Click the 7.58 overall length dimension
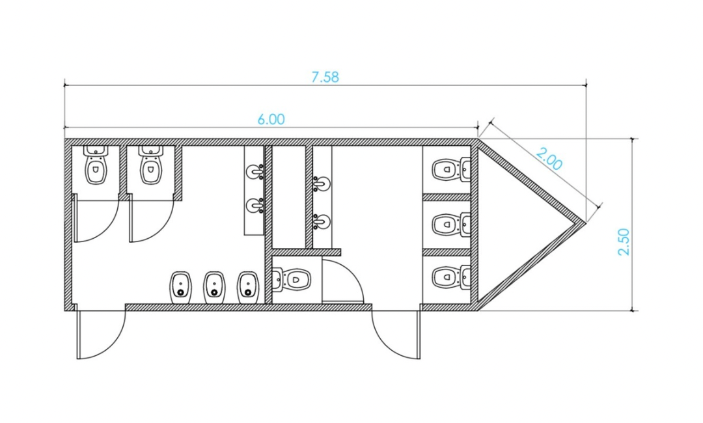(x=325, y=77)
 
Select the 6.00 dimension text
(x=271, y=119)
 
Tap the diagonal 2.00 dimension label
(x=549, y=159)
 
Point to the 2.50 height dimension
(x=624, y=242)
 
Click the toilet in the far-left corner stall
(x=96, y=165)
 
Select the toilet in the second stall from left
(x=150, y=165)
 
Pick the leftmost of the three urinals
(x=181, y=287)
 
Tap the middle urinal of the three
(x=214, y=287)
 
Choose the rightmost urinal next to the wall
(x=248, y=287)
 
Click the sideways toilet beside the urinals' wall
(x=292, y=280)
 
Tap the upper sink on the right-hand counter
(x=322, y=184)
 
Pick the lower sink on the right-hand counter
(x=322, y=221)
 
